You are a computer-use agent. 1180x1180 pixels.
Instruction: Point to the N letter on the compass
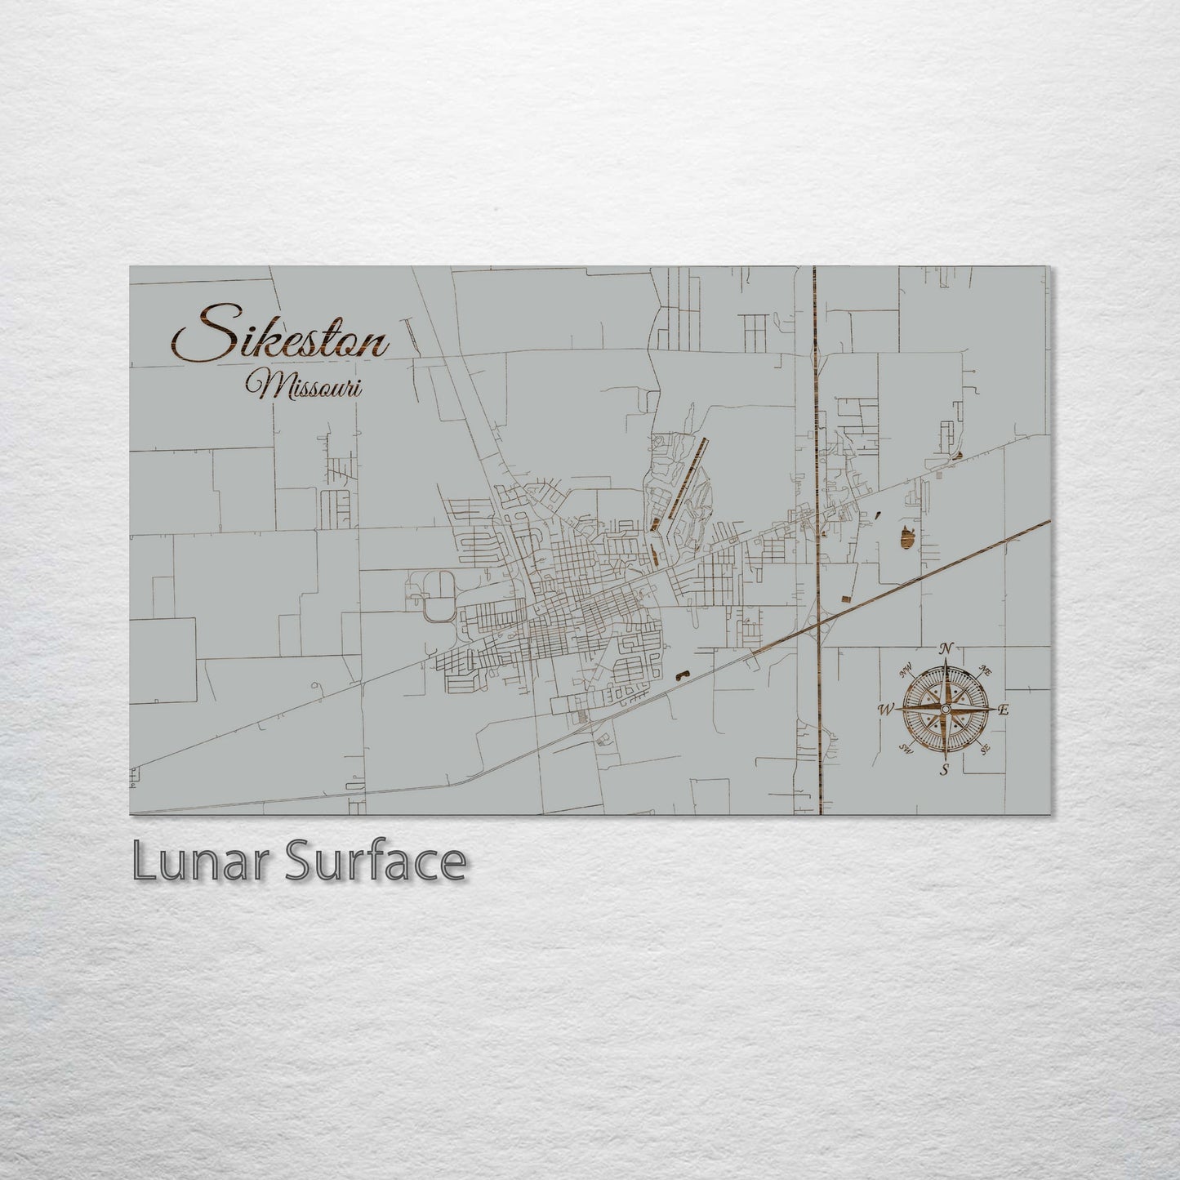pos(946,648)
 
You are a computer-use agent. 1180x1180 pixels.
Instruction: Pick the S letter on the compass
pos(945,769)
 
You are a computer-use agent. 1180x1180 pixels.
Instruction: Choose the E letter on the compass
pos(1004,710)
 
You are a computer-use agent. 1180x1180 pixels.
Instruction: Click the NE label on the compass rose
pos(986,670)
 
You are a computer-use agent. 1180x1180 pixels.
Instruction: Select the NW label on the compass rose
pos(905,671)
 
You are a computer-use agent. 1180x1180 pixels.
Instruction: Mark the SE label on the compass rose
pos(986,748)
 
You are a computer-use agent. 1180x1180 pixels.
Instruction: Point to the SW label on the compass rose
pos(905,748)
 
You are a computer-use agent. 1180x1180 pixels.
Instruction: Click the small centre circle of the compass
pos(945,709)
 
